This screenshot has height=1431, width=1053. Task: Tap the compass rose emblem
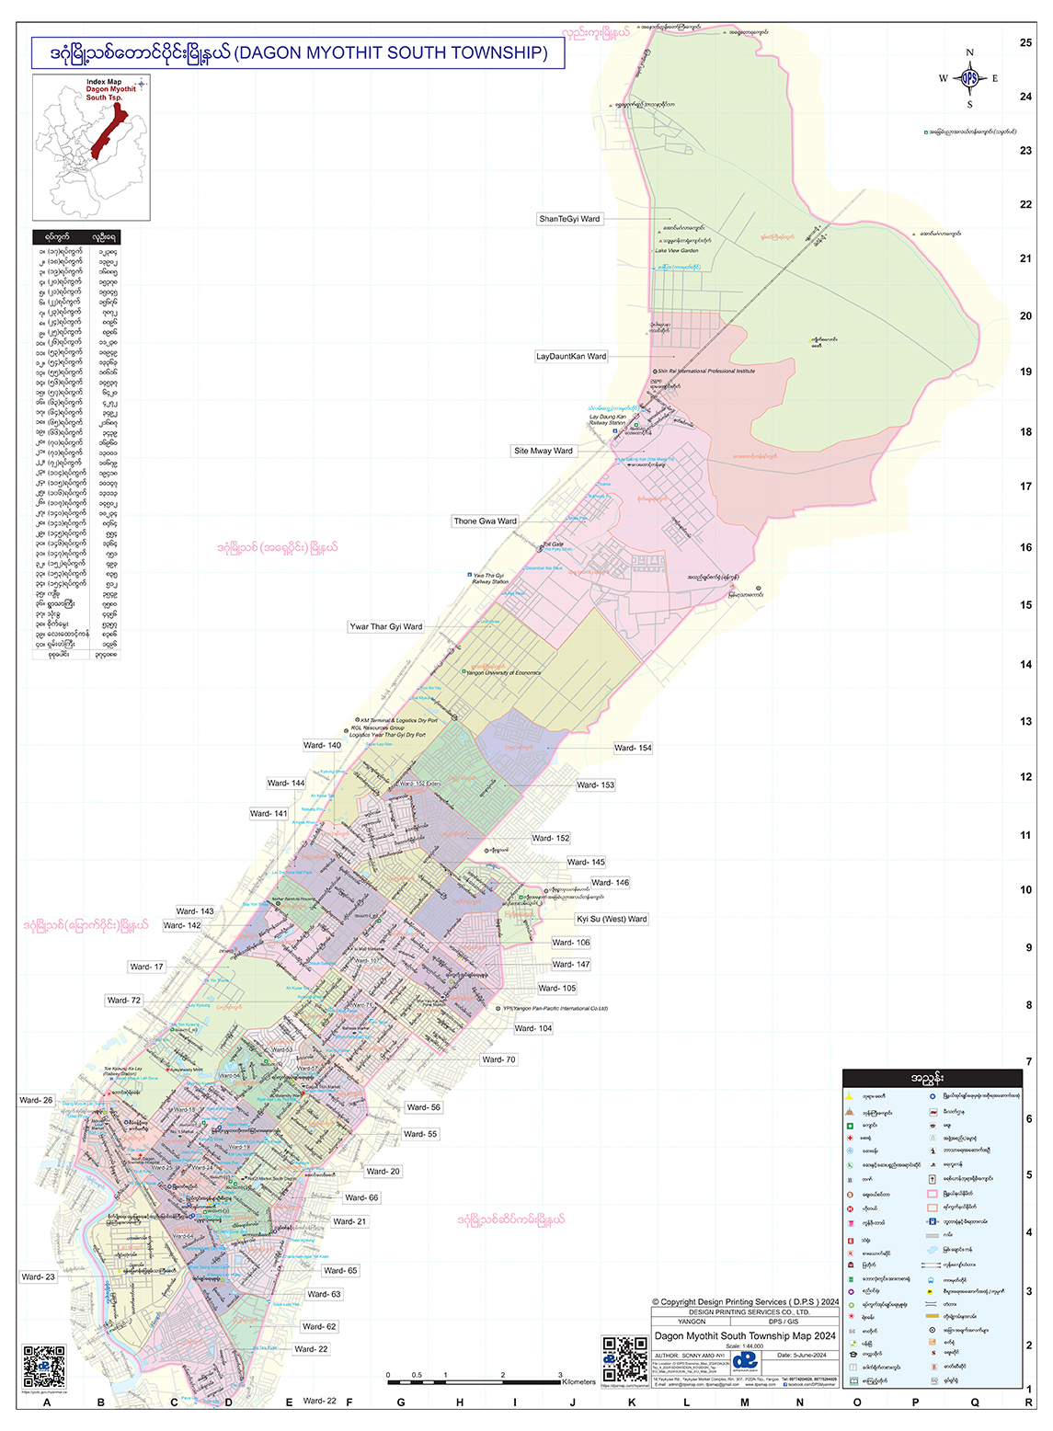(x=969, y=79)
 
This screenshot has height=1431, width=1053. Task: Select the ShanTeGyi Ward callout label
(x=569, y=219)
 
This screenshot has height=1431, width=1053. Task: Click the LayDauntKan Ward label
(x=571, y=356)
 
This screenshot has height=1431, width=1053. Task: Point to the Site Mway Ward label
(x=543, y=451)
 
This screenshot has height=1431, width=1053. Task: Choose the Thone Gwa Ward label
(x=485, y=521)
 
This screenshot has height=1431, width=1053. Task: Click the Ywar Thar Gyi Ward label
(x=385, y=626)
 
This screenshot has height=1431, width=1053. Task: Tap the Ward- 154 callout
(x=633, y=748)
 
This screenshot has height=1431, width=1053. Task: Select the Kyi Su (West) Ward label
(x=612, y=919)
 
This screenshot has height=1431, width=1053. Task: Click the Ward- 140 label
(x=322, y=745)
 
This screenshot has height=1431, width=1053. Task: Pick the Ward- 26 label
(x=36, y=1100)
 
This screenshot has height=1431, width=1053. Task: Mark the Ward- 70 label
(x=498, y=1059)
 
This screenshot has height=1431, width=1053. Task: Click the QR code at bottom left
(x=44, y=1366)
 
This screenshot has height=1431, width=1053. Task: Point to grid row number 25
(x=1025, y=42)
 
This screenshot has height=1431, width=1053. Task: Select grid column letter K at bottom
(x=632, y=1402)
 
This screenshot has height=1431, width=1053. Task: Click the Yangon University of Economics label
(x=503, y=672)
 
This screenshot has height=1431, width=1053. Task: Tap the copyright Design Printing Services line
(x=745, y=1301)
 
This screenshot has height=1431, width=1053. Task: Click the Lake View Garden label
(x=676, y=250)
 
